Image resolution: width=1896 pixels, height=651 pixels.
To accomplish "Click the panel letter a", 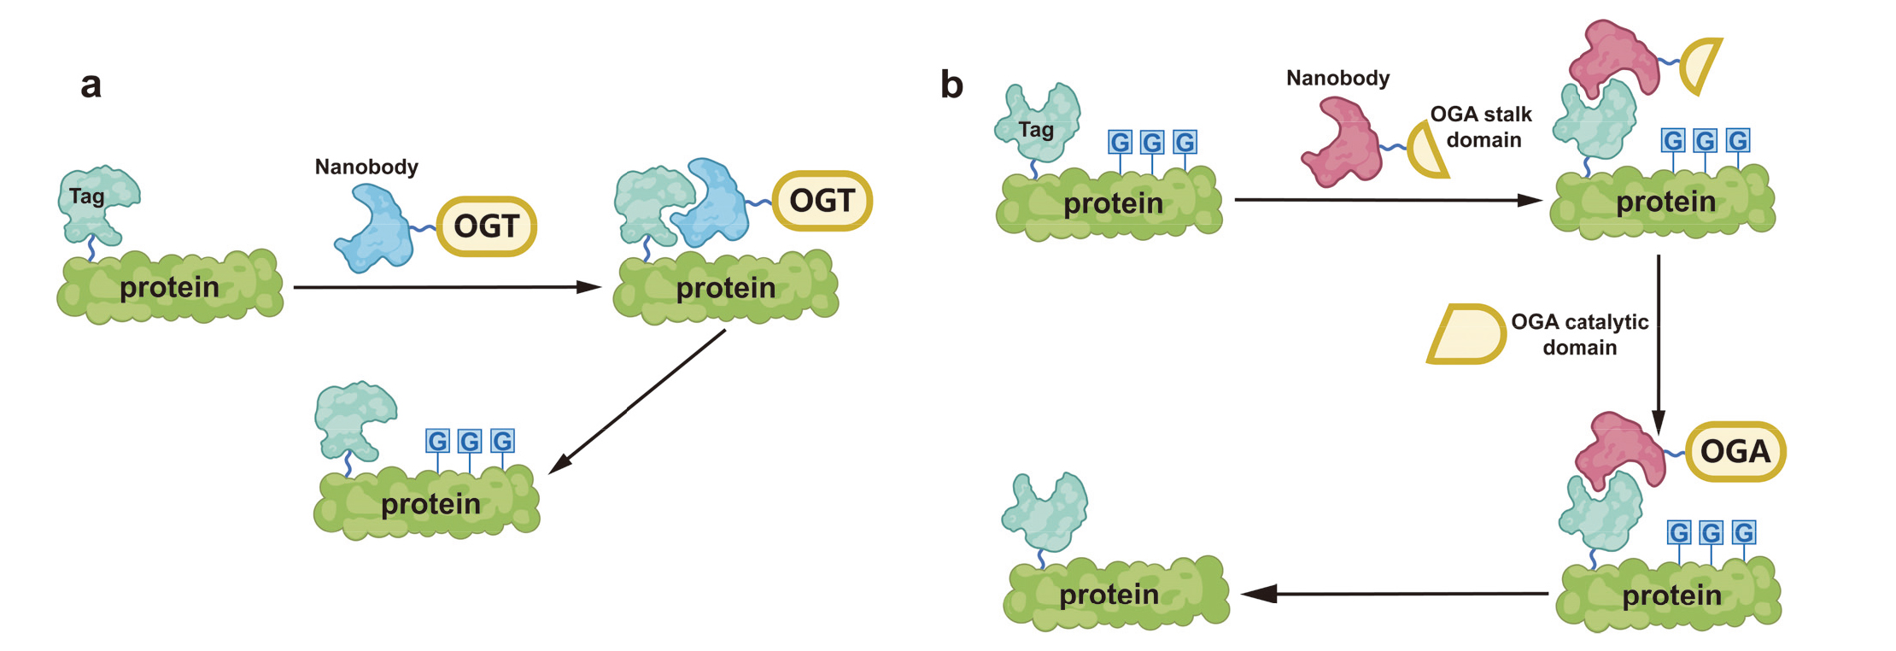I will point(91,85).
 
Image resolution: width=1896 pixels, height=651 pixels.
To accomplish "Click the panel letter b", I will point(951,85).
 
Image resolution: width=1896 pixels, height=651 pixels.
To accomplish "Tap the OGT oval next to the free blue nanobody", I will point(486,226).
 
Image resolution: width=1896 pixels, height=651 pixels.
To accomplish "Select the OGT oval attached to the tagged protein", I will point(822,201).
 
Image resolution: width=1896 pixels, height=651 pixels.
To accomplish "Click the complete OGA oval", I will point(1735,451).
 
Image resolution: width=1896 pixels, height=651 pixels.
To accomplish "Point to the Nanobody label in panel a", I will point(366,167).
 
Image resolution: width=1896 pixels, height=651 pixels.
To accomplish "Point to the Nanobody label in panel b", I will point(1337,79).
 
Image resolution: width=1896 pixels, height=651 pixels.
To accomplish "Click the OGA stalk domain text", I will point(1482,126).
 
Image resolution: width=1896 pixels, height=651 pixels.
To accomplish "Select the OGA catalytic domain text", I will point(1579,334).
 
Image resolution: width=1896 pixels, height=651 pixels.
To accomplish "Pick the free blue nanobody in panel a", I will point(376,229).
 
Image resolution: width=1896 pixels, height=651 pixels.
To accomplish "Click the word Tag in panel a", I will point(87,196).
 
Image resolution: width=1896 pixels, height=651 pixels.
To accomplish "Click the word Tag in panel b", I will point(1036,130).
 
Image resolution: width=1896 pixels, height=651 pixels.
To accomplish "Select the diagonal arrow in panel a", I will point(636,402).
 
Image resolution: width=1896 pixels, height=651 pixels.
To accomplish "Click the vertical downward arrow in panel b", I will point(1658,342).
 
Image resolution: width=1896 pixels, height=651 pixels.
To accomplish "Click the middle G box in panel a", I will point(470,442).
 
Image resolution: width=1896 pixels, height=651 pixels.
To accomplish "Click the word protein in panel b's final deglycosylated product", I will point(1109,595).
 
